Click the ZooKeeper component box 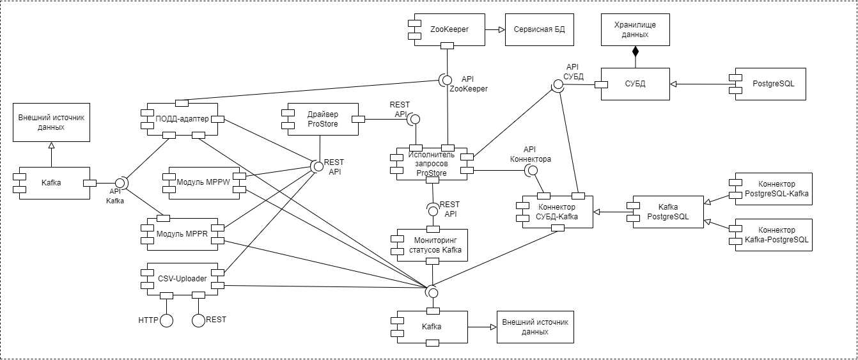(449, 29)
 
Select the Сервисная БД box (535, 29)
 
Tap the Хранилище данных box (635, 29)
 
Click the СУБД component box (635, 84)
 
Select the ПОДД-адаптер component (182, 119)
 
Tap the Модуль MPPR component (182, 234)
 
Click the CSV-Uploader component (182, 279)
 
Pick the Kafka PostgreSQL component (668, 212)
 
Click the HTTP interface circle (167, 320)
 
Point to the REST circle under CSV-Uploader (198, 320)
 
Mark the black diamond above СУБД (636, 50)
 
